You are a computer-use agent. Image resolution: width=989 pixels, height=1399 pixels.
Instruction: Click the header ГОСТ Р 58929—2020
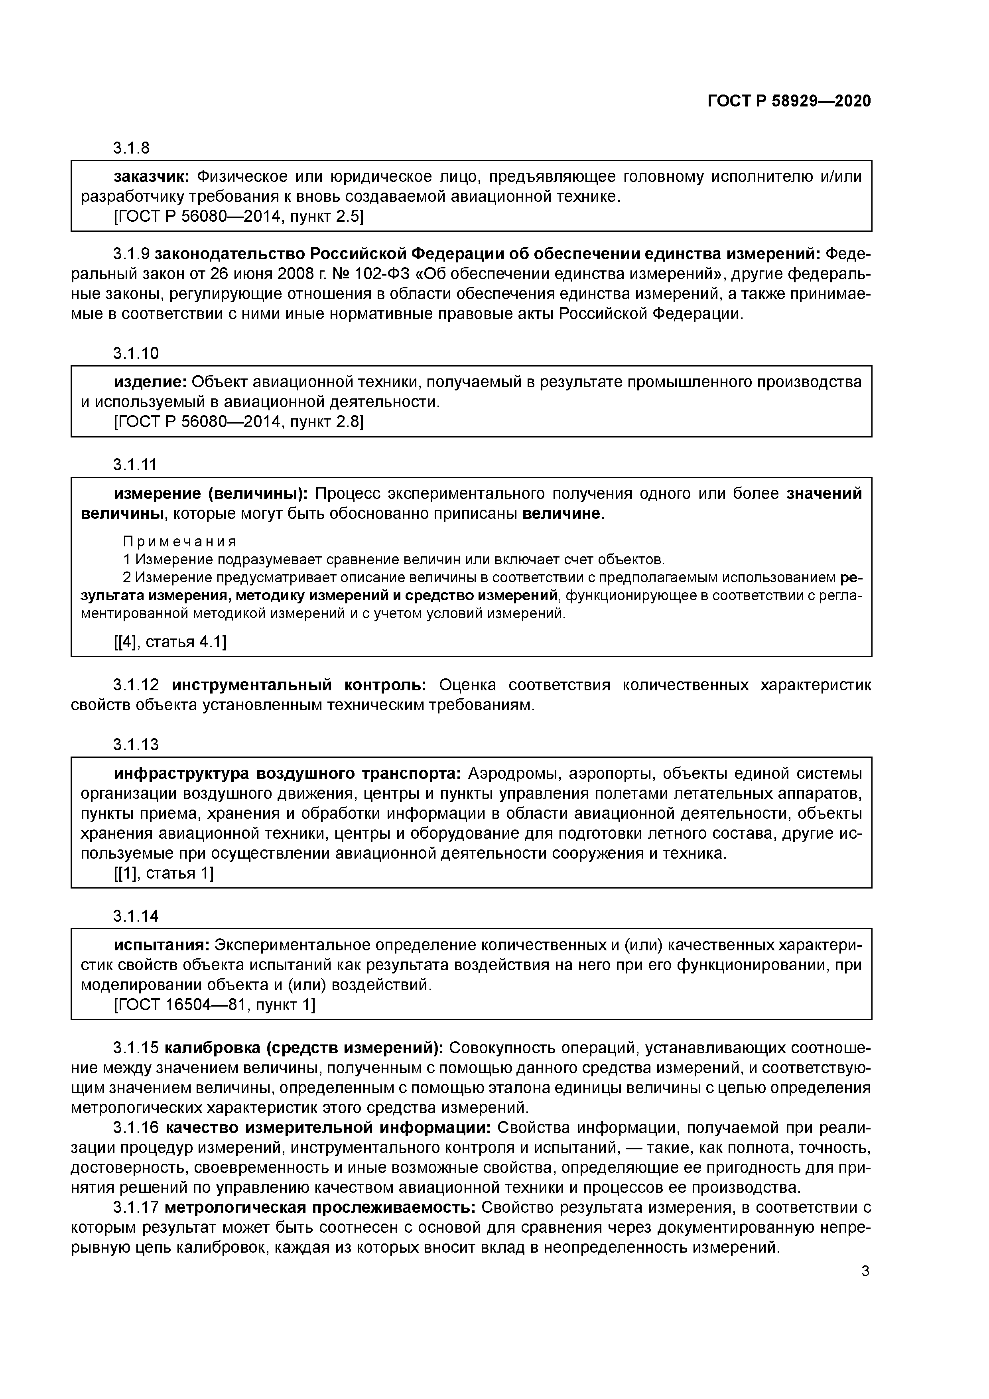click(x=789, y=101)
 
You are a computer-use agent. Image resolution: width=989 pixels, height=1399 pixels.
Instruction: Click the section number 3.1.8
click(x=131, y=148)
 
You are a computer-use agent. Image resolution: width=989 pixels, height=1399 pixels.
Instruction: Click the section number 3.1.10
click(x=135, y=353)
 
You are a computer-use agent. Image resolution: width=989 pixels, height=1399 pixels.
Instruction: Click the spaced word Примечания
click(x=180, y=542)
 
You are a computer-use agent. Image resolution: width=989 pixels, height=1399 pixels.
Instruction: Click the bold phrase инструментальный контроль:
click(x=299, y=686)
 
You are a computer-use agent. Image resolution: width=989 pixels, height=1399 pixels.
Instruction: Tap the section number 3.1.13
click(x=135, y=745)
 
